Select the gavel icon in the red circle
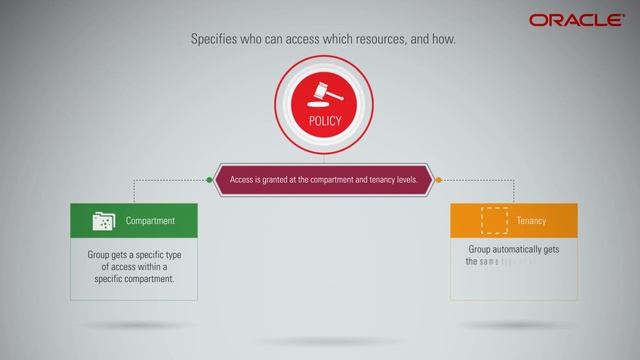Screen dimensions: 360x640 tap(324, 94)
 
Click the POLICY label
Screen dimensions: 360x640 tap(324, 122)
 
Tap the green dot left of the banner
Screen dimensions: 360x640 tap(209, 180)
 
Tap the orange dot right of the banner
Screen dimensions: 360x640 tap(438, 180)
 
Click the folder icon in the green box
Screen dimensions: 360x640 tap(103, 220)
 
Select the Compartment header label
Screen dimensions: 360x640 tap(150, 220)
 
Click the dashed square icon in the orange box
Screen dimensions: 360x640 tap(494, 220)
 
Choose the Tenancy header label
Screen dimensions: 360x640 tap(531, 220)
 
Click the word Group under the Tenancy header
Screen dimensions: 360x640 tap(482, 249)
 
